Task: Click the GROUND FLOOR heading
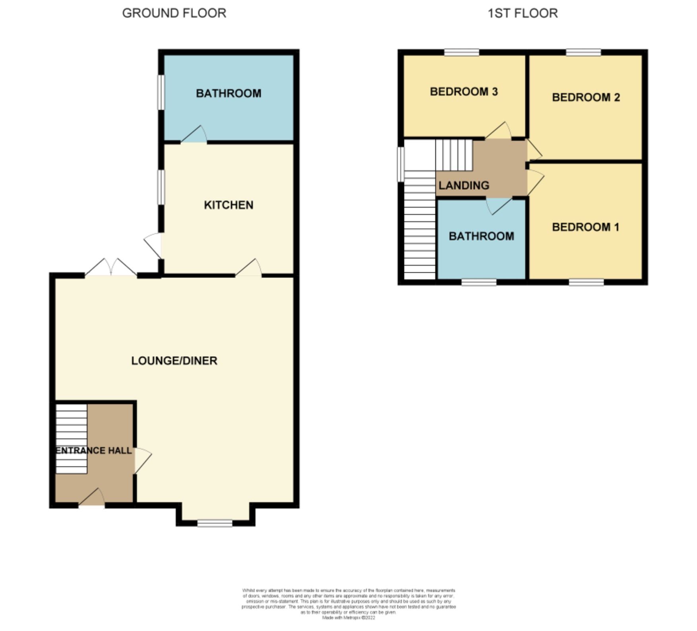[x=174, y=13]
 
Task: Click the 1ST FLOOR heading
[x=522, y=13]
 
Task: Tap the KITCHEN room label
[x=229, y=205]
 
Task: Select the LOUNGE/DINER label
[x=174, y=361]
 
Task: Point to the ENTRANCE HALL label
[x=93, y=450]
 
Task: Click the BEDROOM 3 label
[x=464, y=92]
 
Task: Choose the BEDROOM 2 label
[x=586, y=97]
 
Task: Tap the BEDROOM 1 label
[x=585, y=227]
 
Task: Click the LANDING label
[x=464, y=185]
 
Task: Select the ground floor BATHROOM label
[x=229, y=93]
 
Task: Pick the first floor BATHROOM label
[x=481, y=236]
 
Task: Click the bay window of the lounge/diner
[x=215, y=523]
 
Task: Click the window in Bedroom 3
[x=461, y=52]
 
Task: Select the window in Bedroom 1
[x=586, y=282]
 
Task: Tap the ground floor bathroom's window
[x=161, y=92]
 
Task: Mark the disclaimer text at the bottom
[x=348, y=604]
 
